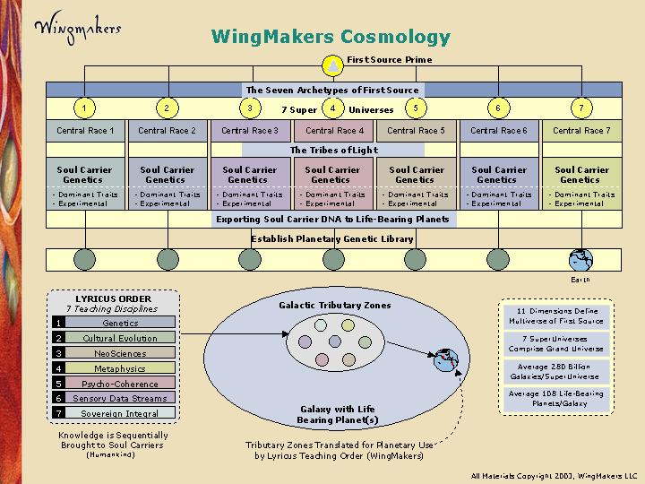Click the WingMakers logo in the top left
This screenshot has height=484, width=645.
[x=77, y=27]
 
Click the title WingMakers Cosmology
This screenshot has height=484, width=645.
[x=331, y=37]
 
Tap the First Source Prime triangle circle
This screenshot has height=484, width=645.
[x=332, y=65]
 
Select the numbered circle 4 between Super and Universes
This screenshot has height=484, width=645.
[x=332, y=108]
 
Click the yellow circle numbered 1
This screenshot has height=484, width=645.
[x=83, y=108]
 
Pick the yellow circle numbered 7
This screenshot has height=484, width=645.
[x=581, y=108]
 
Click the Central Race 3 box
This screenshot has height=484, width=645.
[x=249, y=131]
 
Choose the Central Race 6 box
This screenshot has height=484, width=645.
[x=498, y=131]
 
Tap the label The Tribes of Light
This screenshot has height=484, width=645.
[x=332, y=150]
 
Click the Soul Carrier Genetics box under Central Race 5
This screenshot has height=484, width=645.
[x=415, y=174]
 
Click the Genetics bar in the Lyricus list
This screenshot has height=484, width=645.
[x=120, y=323]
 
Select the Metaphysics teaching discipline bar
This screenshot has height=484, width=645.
[x=120, y=367]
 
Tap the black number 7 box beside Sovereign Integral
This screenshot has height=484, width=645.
[x=58, y=413]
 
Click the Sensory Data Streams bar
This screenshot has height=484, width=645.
[x=120, y=398]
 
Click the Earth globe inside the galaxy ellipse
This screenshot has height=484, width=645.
[x=445, y=361]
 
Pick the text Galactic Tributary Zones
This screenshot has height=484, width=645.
[x=334, y=305]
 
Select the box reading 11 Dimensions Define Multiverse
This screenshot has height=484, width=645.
[x=556, y=315]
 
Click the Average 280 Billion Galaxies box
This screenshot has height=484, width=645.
[x=556, y=371]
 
